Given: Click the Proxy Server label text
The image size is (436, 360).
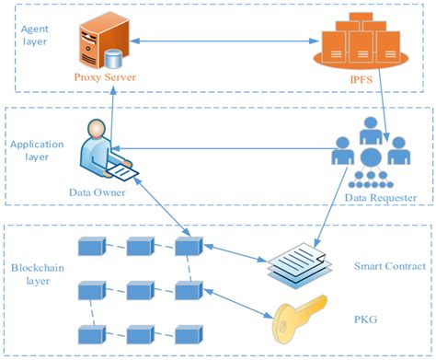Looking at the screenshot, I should pos(106,77).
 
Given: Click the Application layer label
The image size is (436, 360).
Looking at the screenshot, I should pos(37,150).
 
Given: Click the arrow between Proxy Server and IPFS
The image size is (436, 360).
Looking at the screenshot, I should pos(221,40).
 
